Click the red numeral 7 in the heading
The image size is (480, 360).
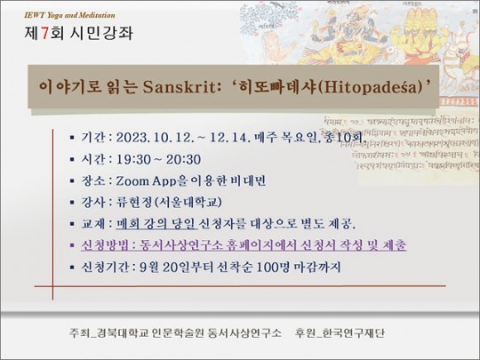(x=44, y=34)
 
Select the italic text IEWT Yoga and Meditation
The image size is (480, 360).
(x=70, y=15)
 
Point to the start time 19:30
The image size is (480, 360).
(x=133, y=159)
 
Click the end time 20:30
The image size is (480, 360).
(x=183, y=159)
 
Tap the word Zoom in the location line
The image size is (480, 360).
(x=132, y=181)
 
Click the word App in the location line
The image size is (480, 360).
(x=164, y=181)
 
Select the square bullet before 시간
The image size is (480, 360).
(x=72, y=159)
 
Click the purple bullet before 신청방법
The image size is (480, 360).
(x=72, y=245)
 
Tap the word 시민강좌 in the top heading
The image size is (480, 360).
(x=101, y=34)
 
